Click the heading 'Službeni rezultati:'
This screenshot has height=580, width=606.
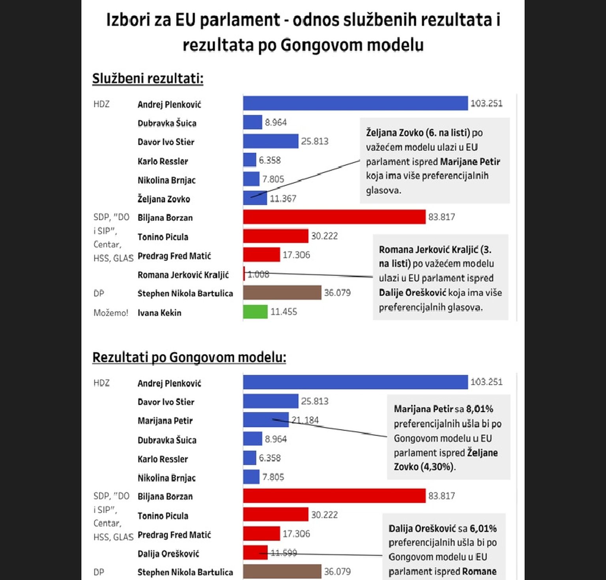coord(148,79)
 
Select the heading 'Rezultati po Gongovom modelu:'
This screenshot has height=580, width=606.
coord(189,357)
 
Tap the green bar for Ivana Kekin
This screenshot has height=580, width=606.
coord(255,312)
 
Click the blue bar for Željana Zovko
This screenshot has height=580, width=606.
coord(255,198)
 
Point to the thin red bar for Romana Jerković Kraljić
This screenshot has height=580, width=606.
coord(244,274)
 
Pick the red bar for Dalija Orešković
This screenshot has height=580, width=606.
coord(255,553)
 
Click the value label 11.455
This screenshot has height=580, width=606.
coord(284,312)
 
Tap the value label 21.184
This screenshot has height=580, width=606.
coord(305,420)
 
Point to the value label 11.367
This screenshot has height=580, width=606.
coord(283,199)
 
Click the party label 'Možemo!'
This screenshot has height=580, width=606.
coord(111,313)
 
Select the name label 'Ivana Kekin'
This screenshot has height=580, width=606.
coord(159,313)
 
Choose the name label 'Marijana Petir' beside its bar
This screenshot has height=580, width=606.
coord(165,421)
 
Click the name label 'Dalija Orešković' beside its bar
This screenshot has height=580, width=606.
coord(168,554)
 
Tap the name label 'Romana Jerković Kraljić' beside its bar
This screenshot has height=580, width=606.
coord(183,275)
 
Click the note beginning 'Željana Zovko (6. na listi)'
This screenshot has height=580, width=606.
coord(434,161)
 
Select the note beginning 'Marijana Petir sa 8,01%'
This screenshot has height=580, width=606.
coord(448,437)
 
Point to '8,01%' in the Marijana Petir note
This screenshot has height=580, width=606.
coord(479,409)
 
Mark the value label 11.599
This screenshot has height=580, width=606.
coord(284,553)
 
